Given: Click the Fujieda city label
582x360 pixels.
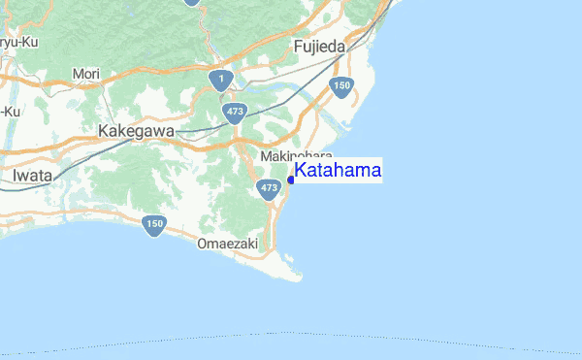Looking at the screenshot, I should click(x=319, y=47).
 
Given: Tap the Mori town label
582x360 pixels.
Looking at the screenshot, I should click(x=85, y=74).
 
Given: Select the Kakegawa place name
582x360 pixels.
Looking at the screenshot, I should click(x=136, y=131).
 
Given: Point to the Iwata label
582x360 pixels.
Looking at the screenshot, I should click(x=34, y=176).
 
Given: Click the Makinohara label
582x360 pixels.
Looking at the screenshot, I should click(x=296, y=156).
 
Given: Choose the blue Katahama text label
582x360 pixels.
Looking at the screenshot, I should click(x=338, y=172).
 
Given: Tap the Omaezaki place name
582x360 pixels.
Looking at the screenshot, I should click(x=227, y=245).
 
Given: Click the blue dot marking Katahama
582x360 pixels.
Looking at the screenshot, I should click(x=291, y=180).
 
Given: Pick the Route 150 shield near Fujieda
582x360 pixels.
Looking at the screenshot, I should click(x=340, y=87).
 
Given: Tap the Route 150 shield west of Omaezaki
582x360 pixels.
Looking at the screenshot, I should click(x=154, y=226).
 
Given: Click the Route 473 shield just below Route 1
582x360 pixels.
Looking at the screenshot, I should click(x=235, y=113).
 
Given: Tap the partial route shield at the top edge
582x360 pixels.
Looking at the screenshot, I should click(x=191, y=3).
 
